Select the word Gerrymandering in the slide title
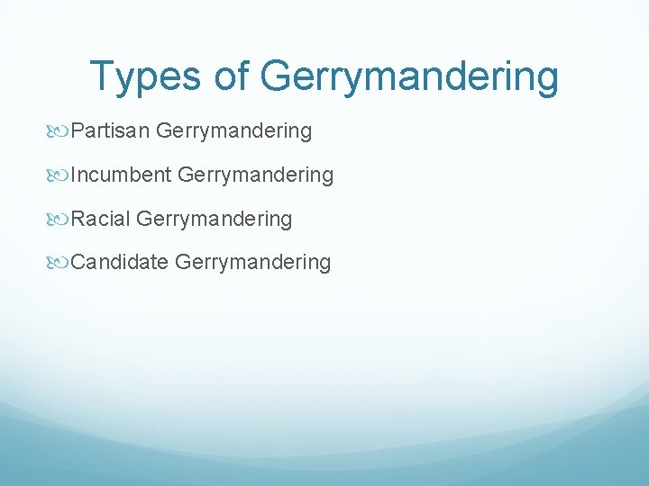click(x=409, y=77)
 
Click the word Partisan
click(x=110, y=131)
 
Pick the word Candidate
click(x=120, y=262)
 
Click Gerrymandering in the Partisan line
click(x=233, y=132)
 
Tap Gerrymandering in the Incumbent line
click(x=256, y=175)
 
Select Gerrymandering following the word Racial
click(x=215, y=220)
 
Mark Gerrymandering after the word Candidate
click(x=253, y=263)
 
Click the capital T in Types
click(x=102, y=76)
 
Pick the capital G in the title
click(x=277, y=76)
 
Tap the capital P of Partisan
click(x=77, y=131)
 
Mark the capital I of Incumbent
click(x=73, y=175)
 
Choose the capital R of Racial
click(x=78, y=219)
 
